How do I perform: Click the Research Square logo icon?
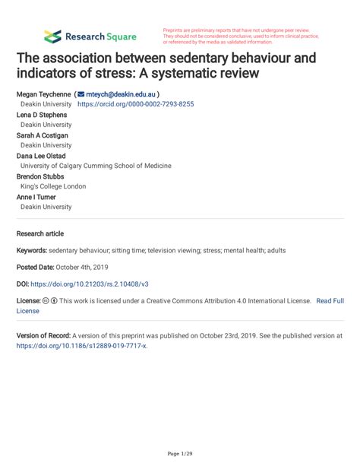tap(52, 36)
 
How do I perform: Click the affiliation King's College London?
tap(53, 186)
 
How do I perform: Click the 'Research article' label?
tap(40, 233)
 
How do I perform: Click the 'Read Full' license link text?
tap(330, 301)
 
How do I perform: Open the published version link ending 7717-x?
tap(82, 345)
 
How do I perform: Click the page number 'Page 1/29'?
tap(179, 454)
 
